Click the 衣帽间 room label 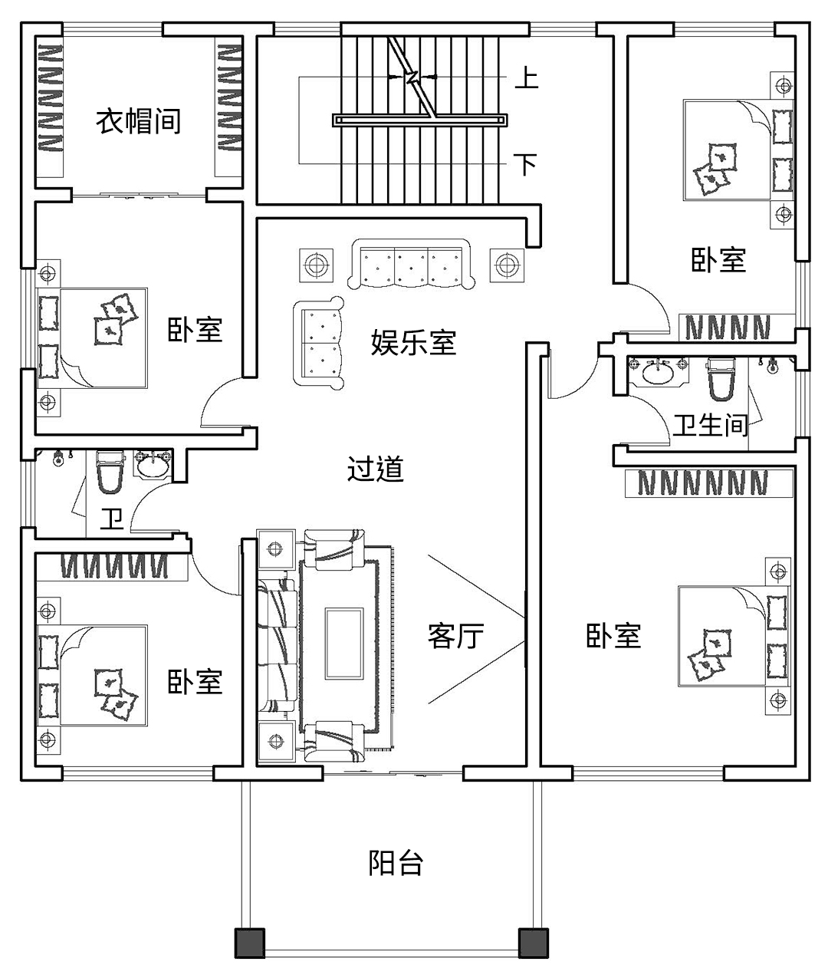pyautogui.click(x=138, y=121)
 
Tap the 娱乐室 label pyautogui.click(x=413, y=342)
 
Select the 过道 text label pyautogui.click(x=376, y=469)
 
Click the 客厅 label pyautogui.click(x=455, y=636)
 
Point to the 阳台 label pyautogui.click(x=396, y=863)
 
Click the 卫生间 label pyautogui.click(x=710, y=424)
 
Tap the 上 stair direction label pyautogui.click(x=526, y=78)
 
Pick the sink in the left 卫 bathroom pyautogui.click(x=153, y=465)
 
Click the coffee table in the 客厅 pyautogui.click(x=344, y=643)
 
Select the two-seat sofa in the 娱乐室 pyautogui.click(x=318, y=342)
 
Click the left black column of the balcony pyautogui.click(x=248, y=943)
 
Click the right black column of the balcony pyautogui.click(x=534, y=943)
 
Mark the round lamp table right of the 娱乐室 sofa pyautogui.click(x=505, y=265)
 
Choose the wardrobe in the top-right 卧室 pyautogui.click(x=727, y=328)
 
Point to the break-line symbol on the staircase pyautogui.click(x=412, y=77)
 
